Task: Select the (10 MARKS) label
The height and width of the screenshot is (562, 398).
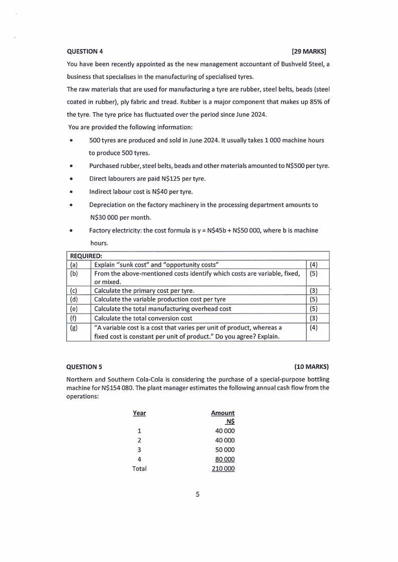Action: click(311, 366)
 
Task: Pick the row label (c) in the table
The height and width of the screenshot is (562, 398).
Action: click(74, 291)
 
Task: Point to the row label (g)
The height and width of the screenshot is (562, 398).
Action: click(74, 327)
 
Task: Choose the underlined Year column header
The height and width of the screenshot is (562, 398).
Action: click(139, 413)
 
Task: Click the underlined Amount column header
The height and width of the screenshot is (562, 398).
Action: click(223, 413)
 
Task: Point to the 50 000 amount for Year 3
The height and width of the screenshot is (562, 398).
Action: click(224, 449)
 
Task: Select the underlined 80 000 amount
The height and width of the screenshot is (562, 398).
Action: click(224, 459)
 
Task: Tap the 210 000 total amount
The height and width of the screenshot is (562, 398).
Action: click(223, 468)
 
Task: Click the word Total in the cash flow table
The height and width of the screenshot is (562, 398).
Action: click(139, 468)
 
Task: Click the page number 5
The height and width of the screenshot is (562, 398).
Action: click(197, 494)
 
